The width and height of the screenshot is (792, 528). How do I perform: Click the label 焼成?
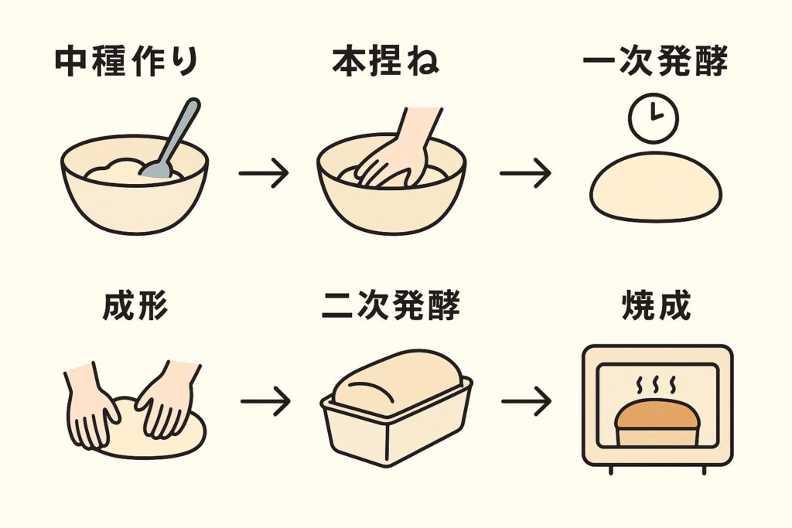[656, 307]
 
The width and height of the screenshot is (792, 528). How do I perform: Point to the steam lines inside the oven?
[656, 384]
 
